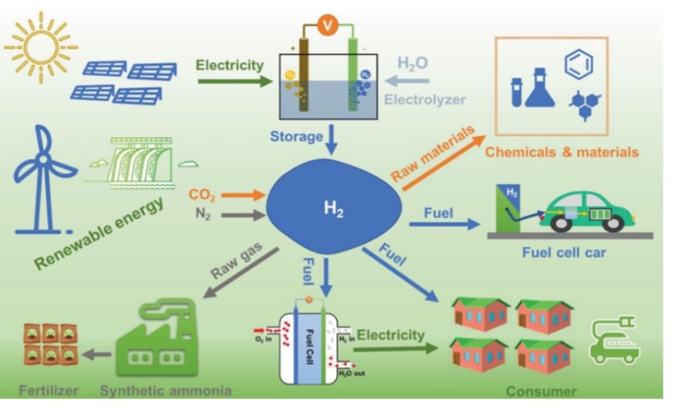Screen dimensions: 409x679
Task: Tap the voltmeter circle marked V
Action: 326,25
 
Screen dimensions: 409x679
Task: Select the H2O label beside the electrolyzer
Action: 412,64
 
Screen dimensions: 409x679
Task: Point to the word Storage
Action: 296,137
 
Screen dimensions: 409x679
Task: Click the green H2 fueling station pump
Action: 509,206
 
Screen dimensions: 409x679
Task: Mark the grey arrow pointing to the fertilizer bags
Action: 99,355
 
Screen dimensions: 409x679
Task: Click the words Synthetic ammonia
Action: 166,390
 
